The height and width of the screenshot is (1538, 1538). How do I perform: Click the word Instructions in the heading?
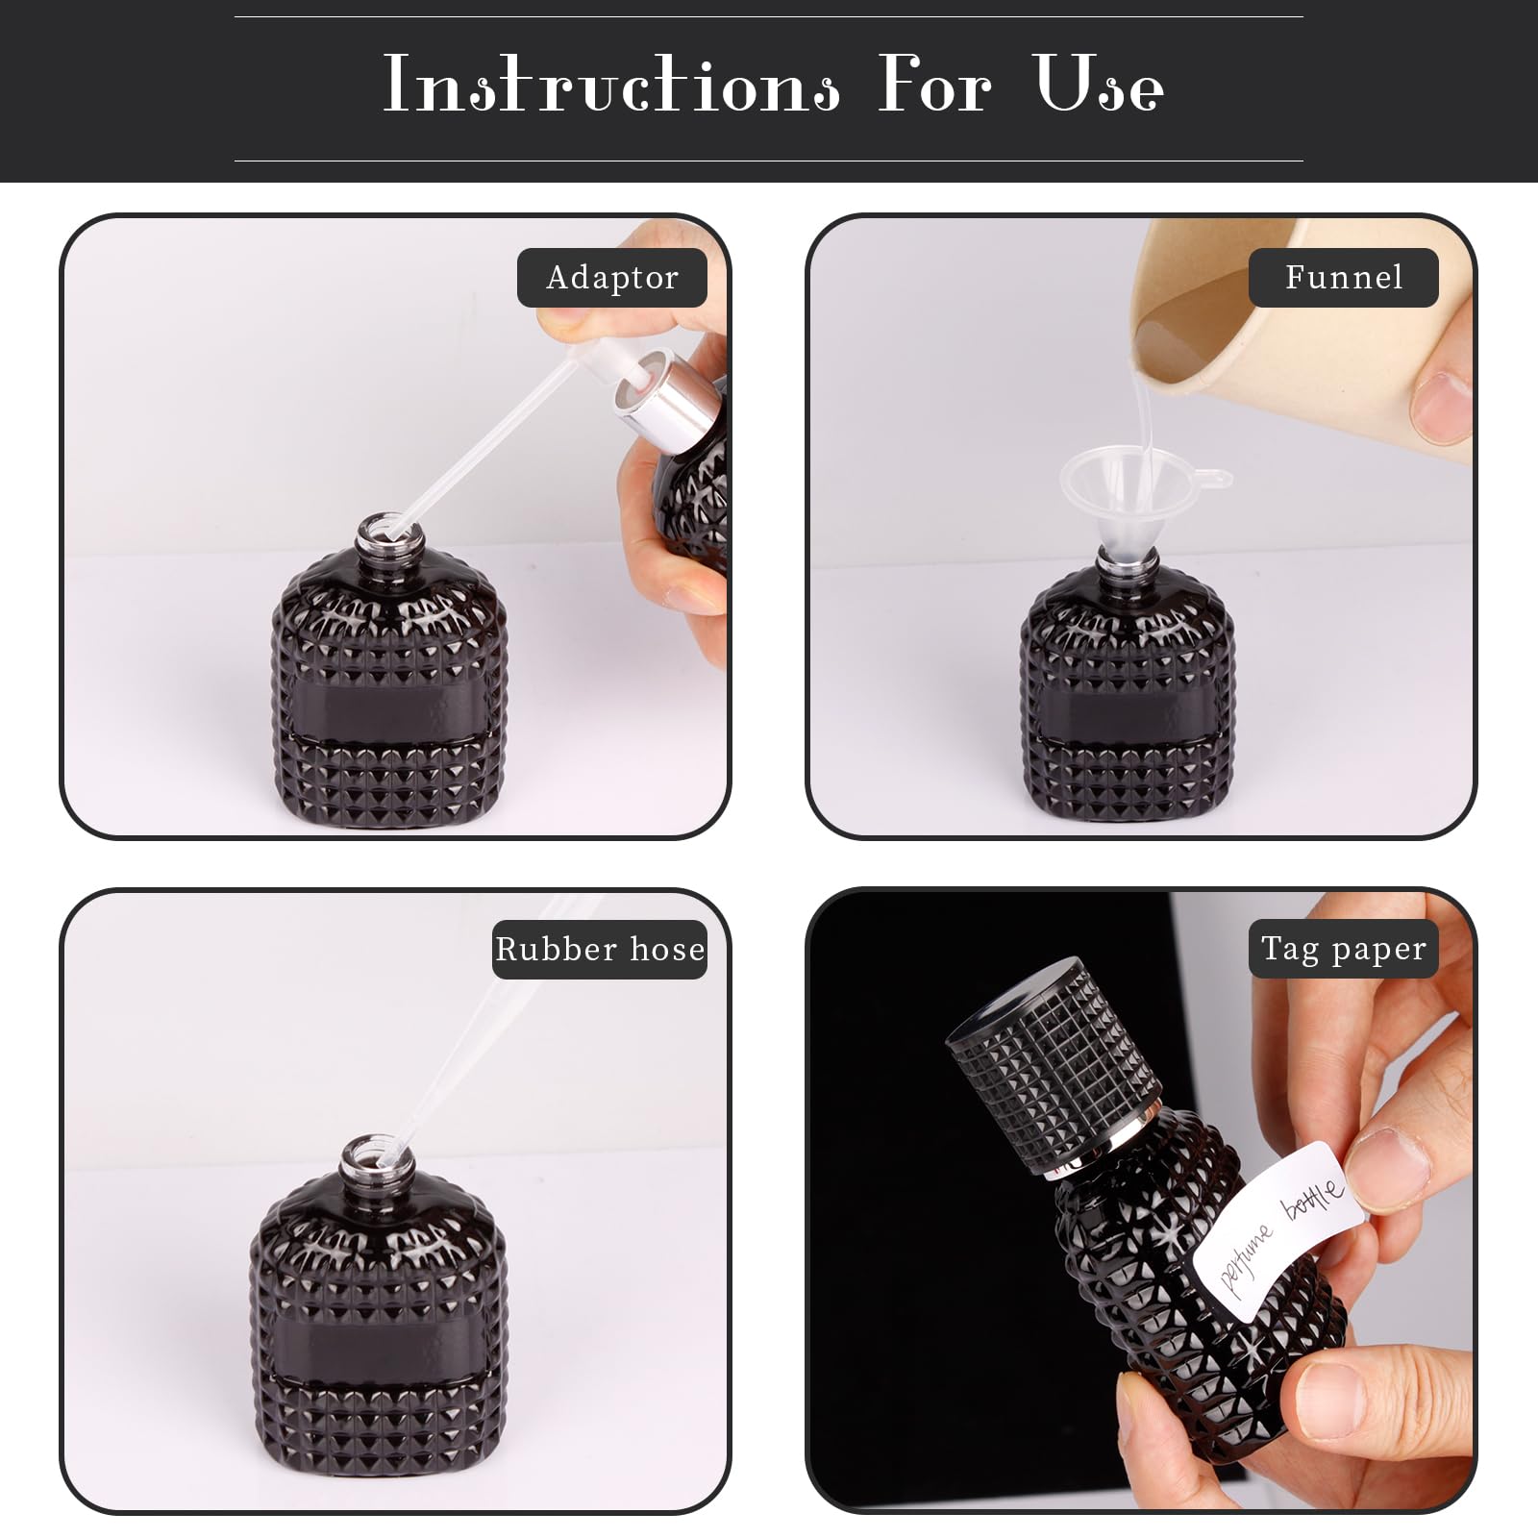(x=612, y=85)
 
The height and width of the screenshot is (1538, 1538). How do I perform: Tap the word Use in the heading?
(x=1100, y=85)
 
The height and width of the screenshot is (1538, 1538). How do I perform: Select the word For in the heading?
(x=934, y=85)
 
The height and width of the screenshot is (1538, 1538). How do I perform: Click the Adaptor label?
(x=612, y=278)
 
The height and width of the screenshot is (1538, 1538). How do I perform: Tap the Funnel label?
(x=1343, y=278)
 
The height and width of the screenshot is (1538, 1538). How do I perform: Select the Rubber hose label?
(x=600, y=950)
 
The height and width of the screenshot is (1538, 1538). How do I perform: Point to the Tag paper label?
(x=1343, y=949)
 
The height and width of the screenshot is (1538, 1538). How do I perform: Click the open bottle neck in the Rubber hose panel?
(x=377, y=1163)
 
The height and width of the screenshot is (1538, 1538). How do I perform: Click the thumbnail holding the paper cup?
(x=1442, y=402)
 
